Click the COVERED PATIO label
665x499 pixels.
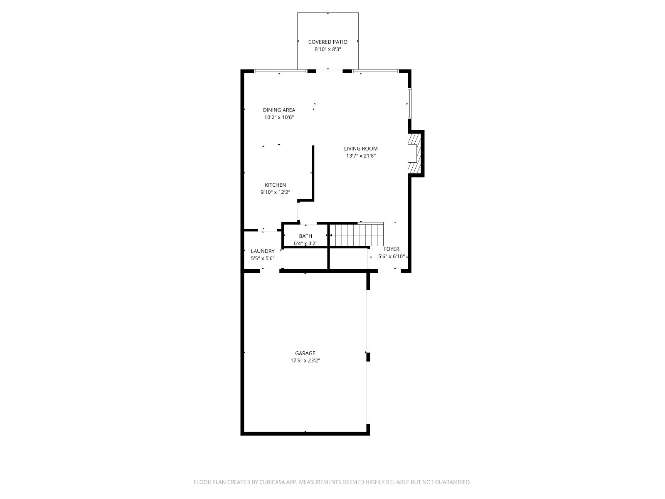(x=328, y=42)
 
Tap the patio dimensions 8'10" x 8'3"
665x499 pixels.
(x=328, y=49)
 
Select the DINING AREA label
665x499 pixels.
(x=279, y=110)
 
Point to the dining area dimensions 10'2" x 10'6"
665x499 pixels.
(x=279, y=117)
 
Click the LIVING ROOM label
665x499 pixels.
(x=360, y=148)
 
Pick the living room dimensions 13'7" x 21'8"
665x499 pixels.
(x=360, y=156)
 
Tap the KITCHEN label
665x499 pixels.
(x=275, y=185)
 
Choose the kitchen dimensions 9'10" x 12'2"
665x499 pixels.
(x=275, y=192)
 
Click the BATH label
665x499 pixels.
(x=305, y=236)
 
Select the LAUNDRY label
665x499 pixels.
(x=263, y=251)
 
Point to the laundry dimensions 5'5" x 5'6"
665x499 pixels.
(x=263, y=258)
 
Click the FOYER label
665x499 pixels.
(x=392, y=249)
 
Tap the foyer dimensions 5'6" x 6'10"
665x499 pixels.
(x=392, y=256)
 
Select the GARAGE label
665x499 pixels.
(x=305, y=353)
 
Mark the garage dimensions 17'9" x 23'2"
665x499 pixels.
(x=305, y=361)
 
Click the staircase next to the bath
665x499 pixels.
(x=356, y=235)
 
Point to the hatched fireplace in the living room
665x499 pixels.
(x=414, y=153)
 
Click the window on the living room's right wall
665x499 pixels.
(x=409, y=103)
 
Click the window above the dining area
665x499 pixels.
(x=280, y=71)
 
